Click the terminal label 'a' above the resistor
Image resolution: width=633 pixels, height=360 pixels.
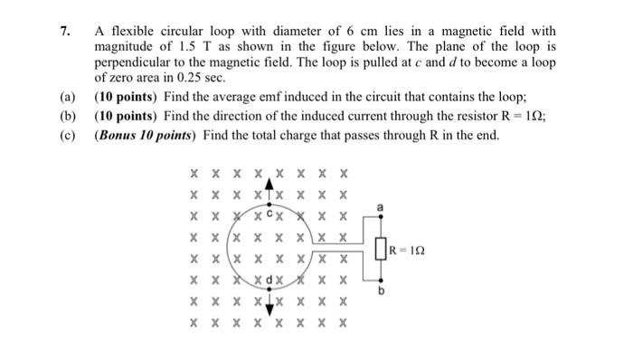click(x=381, y=207)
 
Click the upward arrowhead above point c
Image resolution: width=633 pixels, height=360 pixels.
click(x=269, y=182)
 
